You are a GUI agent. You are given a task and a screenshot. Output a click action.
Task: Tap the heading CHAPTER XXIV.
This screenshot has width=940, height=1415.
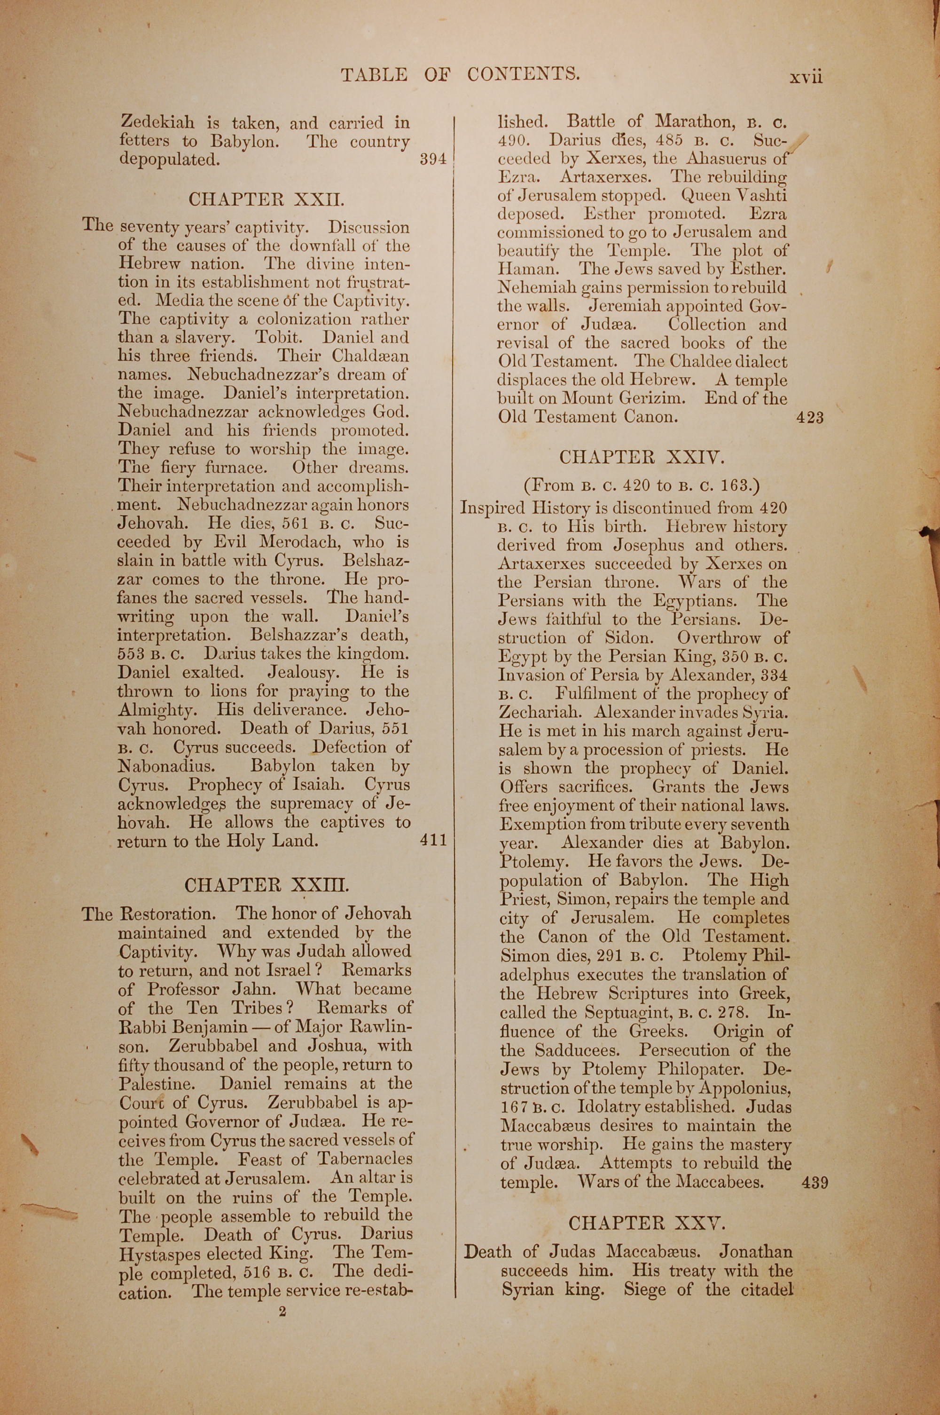pyautogui.click(x=642, y=457)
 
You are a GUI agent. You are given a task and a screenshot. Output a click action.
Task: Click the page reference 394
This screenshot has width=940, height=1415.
pyautogui.click(x=433, y=159)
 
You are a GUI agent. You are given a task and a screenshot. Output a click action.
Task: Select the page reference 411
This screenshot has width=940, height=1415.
pyautogui.click(x=433, y=840)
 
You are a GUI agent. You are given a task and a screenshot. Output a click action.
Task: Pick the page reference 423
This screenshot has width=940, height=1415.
pyautogui.click(x=810, y=417)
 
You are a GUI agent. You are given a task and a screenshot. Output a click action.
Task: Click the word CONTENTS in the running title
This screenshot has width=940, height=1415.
pyautogui.click(x=523, y=74)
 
